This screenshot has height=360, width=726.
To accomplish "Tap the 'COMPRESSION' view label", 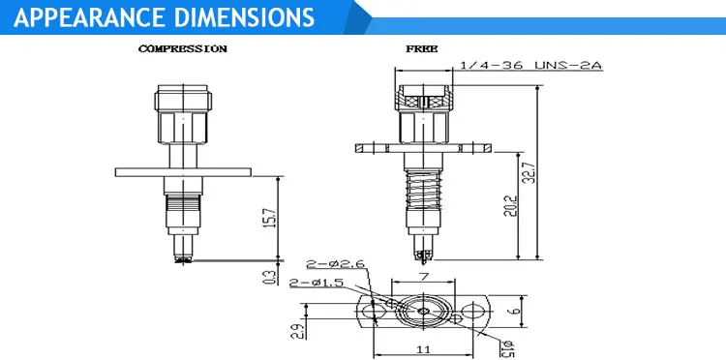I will pos(183,48).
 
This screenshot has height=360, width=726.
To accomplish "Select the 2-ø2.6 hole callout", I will pos(334,263).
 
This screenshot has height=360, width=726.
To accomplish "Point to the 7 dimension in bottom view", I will pos(423,277).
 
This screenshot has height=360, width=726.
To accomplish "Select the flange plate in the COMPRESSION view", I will pos(184,172).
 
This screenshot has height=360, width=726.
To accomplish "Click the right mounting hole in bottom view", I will pos(470,312).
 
